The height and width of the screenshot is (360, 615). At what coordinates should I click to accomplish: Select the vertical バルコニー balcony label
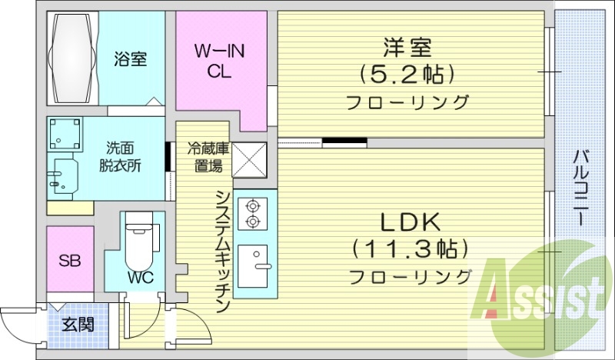click(x=581, y=185)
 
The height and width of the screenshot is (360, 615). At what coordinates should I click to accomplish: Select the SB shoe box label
click(x=70, y=259)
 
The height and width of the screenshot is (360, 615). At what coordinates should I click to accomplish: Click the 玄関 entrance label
click(x=78, y=325)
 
